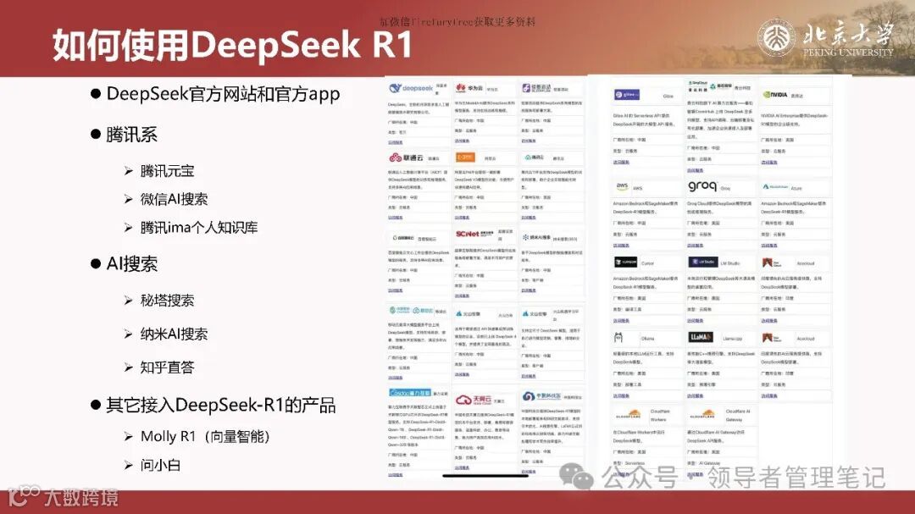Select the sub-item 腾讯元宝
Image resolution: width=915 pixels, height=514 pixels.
pyautogui.click(x=167, y=170)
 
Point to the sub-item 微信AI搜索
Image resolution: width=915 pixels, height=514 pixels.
pyautogui.click(x=174, y=199)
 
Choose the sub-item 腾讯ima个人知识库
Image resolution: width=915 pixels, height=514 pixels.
pyautogui.click(x=199, y=227)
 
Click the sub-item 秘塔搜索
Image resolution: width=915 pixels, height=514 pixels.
pyautogui.click(x=167, y=300)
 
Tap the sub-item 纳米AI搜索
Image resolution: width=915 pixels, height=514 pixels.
pyautogui.click(x=174, y=334)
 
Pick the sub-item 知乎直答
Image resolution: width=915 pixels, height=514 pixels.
pyautogui.click(x=167, y=367)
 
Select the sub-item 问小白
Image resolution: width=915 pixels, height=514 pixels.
pyautogui.click(x=160, y=465)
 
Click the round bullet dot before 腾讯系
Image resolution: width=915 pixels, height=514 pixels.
pyautogui.click(x=97, y=135)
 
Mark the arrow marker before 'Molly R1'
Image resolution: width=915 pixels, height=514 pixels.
pyautogui.click(x=128, y=436)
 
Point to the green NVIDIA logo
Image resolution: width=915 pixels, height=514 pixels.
pyautogui.click(x=774, y=95)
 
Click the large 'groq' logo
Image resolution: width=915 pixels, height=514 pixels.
pyautogui.click(x=701, y=186)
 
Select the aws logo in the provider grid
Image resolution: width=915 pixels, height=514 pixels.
pyautogui.click(x=622, y=186)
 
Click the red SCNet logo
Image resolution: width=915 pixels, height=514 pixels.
pyautogui.click(x=468, y=235)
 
